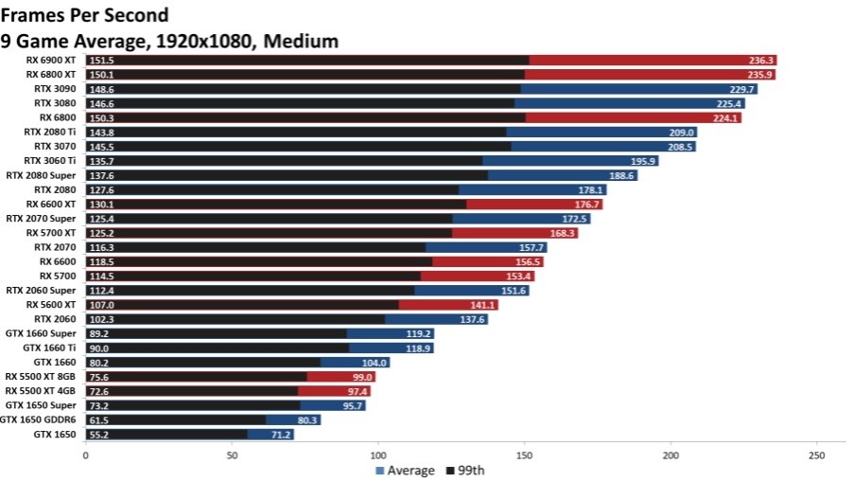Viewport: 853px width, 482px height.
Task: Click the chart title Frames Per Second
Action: click(85, 15)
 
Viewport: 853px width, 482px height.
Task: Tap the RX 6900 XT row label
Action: click(53, 60)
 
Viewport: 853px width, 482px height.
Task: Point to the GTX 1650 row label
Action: click(56, 434)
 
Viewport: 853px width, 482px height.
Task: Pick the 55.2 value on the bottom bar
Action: click(100, 434)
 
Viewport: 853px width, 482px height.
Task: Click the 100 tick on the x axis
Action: click(378, 455)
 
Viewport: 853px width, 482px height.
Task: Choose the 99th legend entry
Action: click(476, 471)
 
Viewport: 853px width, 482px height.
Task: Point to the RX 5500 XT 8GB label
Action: click(41, 377)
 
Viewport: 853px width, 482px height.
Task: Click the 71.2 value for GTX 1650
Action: click(280, 434)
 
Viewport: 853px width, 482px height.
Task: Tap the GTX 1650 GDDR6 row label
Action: click(39, 420)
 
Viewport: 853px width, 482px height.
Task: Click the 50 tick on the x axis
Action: click(232, 455)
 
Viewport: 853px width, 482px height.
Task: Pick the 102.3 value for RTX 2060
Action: click(101, 319)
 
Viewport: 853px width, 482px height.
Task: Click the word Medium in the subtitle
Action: click(305, 41)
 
